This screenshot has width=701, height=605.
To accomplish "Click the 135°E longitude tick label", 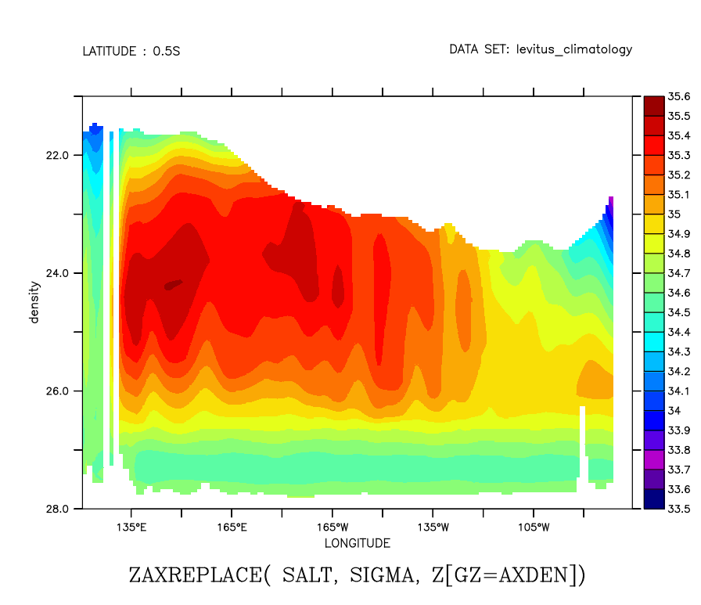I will pos(131,527).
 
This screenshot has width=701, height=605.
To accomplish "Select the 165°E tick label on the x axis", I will pos(232,527).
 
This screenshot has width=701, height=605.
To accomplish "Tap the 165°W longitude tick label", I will pos(332,527).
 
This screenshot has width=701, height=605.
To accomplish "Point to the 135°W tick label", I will pos(433,527).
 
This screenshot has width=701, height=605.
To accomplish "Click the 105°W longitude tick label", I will pos(534,527).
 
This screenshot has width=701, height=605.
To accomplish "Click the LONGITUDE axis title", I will pos(357,543).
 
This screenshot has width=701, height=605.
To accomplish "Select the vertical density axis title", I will pos(34,302).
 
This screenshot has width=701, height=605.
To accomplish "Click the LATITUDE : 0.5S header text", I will pos(131,52).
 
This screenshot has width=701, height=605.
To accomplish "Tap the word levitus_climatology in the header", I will pos(573,50).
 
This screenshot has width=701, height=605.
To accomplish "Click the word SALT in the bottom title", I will pos(304,575).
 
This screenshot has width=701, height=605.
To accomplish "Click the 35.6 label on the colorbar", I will pos(678,96).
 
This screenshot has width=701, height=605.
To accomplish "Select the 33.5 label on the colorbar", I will pos(678,509).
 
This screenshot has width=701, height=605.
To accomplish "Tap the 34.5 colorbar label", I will pos(678,312).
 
